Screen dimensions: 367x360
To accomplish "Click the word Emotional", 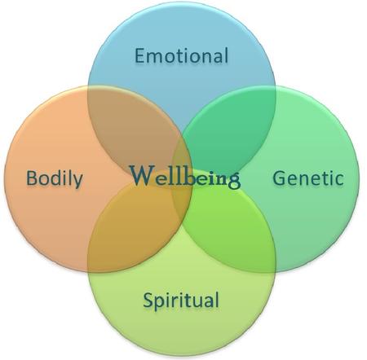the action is (181, 55).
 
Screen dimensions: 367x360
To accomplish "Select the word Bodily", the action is (55, 178).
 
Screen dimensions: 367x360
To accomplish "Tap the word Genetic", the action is (308, 178).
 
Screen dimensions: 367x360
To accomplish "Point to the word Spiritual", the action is (181, 301).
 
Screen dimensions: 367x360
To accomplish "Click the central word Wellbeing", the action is (185, 176).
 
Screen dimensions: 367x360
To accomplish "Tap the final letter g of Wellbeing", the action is (234, 181).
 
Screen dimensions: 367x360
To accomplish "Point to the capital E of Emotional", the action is (139, 55).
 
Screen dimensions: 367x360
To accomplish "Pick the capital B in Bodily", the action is (31, 178).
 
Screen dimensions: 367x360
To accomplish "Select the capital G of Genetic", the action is (279, 178).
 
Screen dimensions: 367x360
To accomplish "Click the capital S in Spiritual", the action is (148, 300).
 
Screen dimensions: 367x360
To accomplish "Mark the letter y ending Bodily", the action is (77, 182).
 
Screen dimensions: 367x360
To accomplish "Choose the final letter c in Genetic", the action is (339, 180).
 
